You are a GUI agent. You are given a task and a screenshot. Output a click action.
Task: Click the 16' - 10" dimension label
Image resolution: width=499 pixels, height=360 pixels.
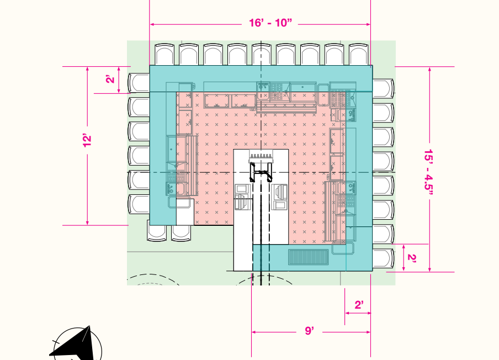coord(270,23)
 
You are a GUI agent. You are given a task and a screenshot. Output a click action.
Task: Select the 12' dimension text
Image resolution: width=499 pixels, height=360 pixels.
coord(87,140)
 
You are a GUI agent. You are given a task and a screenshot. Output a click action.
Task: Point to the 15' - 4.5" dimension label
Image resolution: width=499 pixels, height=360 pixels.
coord(429,170)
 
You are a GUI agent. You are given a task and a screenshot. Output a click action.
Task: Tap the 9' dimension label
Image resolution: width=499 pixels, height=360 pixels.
coord(309,331)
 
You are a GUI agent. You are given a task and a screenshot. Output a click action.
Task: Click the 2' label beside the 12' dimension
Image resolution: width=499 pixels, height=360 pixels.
coord(110,78)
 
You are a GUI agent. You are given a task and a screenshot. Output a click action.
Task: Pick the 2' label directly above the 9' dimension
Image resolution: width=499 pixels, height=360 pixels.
coord(359,305)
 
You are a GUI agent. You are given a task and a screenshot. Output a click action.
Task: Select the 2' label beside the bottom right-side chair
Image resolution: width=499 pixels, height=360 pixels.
coord(412,258)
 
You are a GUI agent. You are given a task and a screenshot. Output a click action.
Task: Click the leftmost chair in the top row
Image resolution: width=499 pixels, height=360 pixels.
coord(164,55)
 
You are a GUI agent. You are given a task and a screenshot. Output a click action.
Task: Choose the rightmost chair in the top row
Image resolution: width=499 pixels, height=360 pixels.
coord(359,55)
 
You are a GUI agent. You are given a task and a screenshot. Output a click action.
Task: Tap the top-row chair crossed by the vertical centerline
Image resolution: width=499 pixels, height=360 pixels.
coord(262,55)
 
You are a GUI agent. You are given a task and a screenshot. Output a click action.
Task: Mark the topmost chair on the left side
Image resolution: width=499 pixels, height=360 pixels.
coord(139,83)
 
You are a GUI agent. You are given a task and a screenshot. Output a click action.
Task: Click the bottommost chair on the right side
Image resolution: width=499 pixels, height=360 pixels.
coord(383,258)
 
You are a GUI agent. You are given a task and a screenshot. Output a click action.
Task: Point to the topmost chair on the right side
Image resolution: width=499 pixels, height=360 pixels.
coord(383,88)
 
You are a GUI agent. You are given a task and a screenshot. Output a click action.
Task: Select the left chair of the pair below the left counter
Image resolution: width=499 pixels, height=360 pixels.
coord(157,230)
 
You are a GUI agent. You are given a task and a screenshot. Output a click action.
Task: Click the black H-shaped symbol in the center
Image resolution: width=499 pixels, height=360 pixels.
coord(261,172)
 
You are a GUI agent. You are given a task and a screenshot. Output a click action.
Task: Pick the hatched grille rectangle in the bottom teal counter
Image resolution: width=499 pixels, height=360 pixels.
coord(309,257)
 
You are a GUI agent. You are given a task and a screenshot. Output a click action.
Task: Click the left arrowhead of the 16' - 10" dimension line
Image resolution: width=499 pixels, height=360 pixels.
coord(152,24)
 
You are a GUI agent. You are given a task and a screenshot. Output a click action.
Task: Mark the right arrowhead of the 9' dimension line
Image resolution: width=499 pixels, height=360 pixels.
coord(368,332)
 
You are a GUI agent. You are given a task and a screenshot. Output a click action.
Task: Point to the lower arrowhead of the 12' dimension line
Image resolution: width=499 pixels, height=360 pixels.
coord(87,223)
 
